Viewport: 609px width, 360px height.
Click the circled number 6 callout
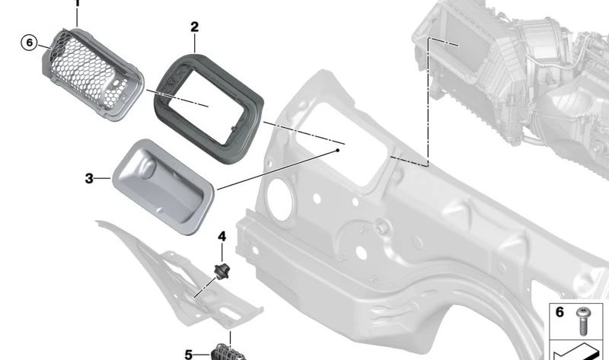click(29, 42)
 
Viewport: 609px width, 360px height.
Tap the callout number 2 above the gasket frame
click(194, 27)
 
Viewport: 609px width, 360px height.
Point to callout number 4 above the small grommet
click(222, 237)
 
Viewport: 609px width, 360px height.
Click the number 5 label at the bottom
click(189, 354)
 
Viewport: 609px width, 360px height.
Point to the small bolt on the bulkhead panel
click(380, 226)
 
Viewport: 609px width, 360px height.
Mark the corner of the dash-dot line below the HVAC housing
click(428, 165)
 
